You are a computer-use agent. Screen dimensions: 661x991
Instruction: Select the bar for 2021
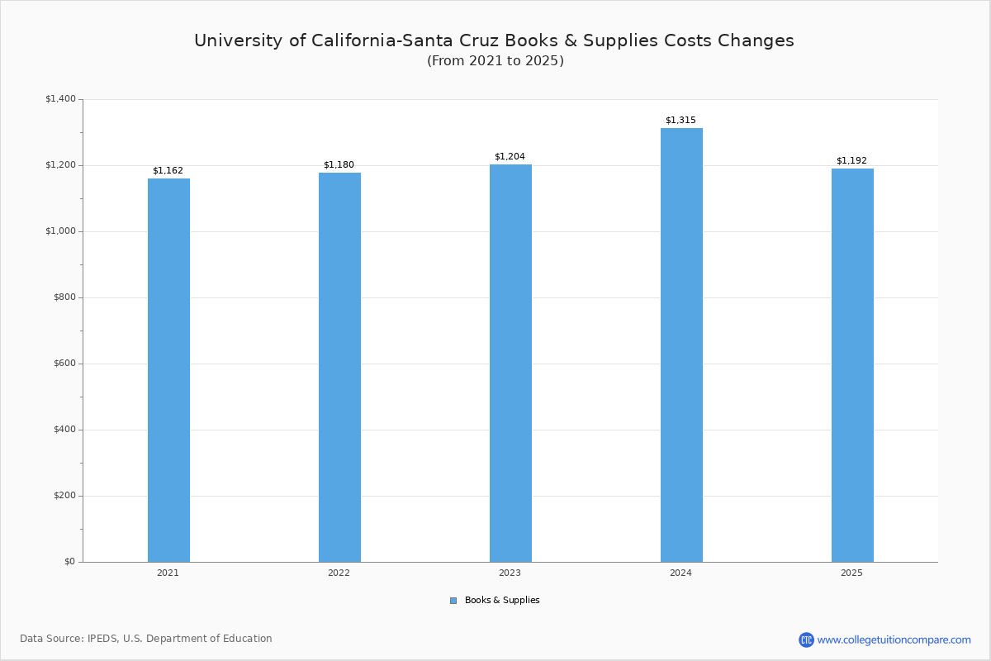click(x=168, y=370)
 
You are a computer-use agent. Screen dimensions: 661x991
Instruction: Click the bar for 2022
click(x=339, y=367)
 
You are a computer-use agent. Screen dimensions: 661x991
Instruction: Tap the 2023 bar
click(x=510, y=364)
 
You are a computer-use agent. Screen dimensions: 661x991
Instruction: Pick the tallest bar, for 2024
click(x=681, y=345)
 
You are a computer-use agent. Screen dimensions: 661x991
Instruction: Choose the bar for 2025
click(x=852, y=365)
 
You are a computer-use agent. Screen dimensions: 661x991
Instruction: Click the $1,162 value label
click(x=168, y=171)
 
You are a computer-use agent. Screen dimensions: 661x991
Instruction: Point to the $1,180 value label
click(x=339, y=165)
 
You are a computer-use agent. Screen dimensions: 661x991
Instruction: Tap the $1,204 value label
click(x=510, y=157)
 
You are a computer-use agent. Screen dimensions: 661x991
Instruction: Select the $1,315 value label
click(x=680, y=121)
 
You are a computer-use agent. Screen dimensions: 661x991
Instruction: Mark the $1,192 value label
click(x=851, y=161)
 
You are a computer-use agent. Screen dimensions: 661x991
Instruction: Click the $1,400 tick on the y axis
click(x=60, y=99)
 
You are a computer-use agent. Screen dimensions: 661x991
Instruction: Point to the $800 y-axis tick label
click(x=64, y=297)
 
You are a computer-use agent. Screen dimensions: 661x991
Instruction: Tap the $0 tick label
click(x=69, y=562)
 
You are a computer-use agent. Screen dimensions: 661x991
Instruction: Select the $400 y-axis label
click(x=64, y=430)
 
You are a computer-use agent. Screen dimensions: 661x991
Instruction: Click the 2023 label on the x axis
click(x=510, y=573)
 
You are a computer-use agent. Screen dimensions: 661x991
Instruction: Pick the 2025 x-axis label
click(x=851, y=573)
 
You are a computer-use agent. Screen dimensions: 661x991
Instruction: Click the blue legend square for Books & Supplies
click(x=453, y=601)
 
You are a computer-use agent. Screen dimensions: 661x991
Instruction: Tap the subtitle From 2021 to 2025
click(x=495, y=61)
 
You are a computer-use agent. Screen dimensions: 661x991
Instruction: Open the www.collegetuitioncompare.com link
click(x=894, y=640)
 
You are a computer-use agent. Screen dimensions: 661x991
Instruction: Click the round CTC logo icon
click(x=806, y=640)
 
